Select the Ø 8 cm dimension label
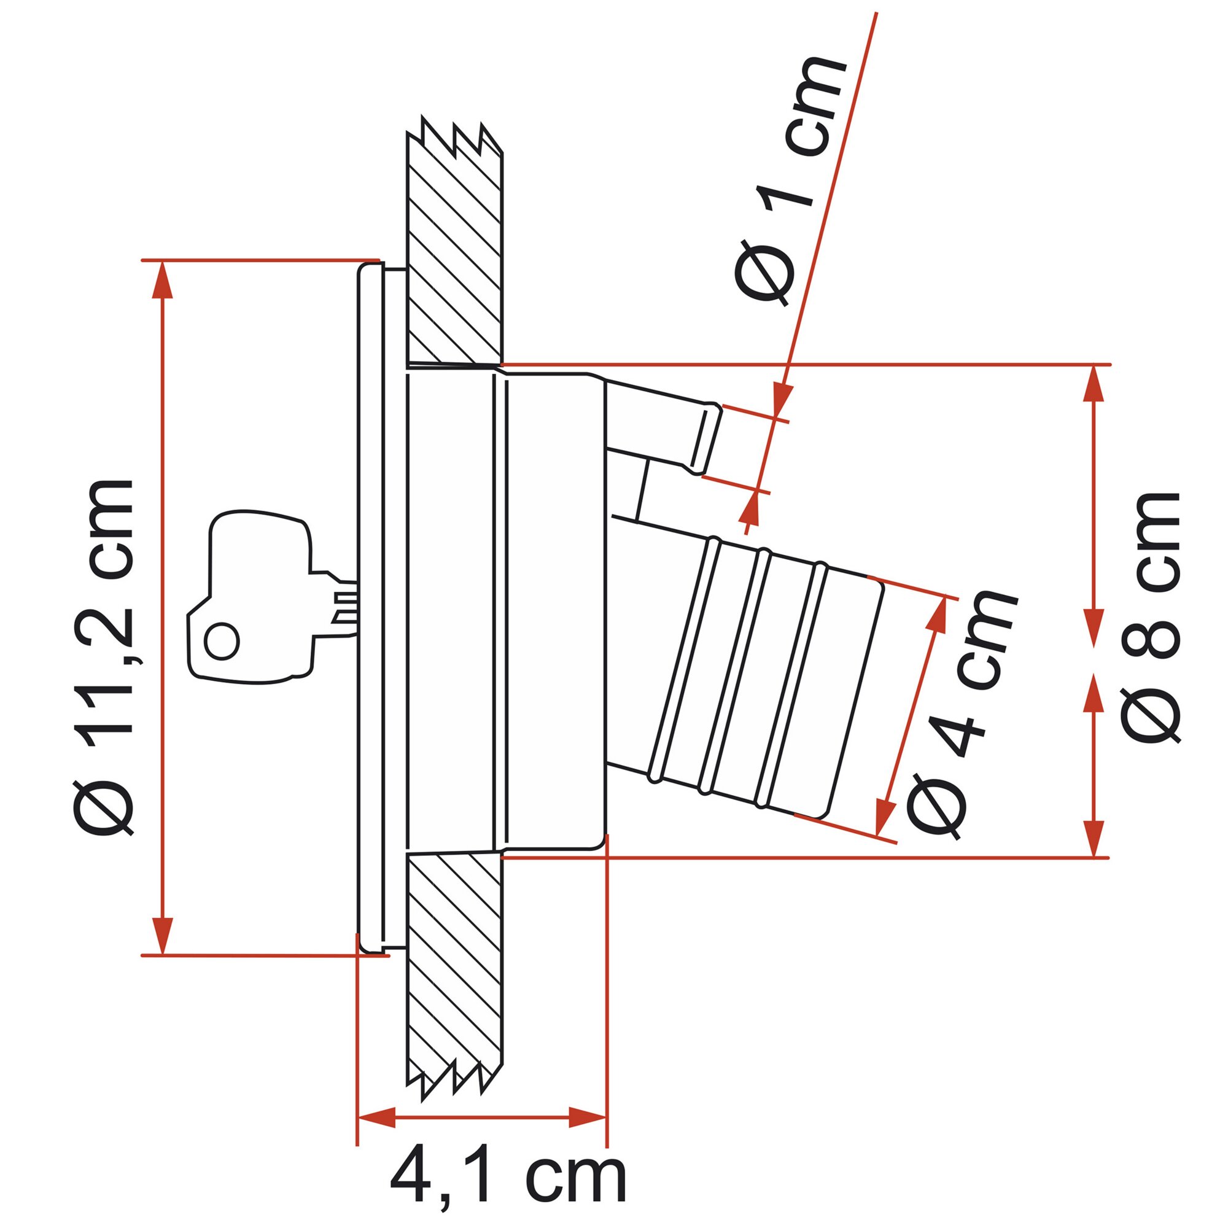(1151, 616)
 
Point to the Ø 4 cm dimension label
(960, 715)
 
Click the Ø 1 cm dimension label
(791, 181)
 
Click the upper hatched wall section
(454, 241)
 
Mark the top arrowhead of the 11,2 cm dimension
(163, 279)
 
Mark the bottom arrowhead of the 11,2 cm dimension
(163, 935)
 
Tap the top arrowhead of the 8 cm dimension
(1094, 384)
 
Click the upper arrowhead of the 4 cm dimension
(938, 615)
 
